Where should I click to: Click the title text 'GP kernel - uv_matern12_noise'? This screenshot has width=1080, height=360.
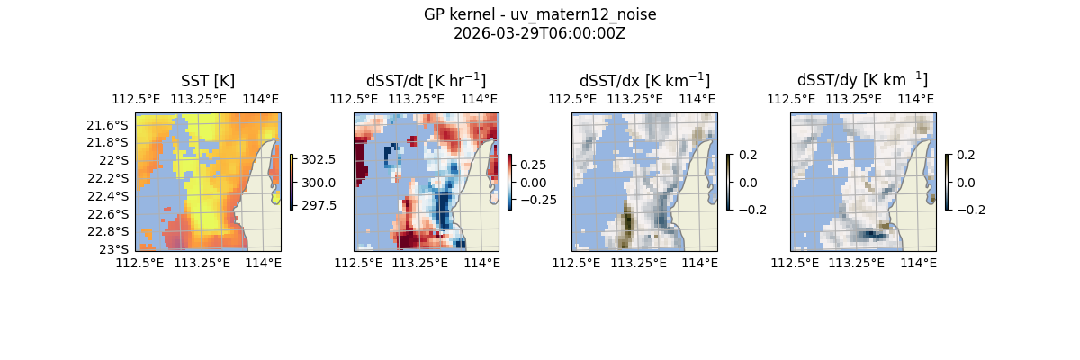[x=540, y=15]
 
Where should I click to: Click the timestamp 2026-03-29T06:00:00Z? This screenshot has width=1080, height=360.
[x=540, y=33]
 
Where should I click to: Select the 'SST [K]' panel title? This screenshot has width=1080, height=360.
[x=208, y=81]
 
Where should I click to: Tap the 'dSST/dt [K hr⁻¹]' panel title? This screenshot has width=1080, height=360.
[x=426, y=81]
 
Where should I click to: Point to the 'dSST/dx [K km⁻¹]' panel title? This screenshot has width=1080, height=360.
[x=644, y=81]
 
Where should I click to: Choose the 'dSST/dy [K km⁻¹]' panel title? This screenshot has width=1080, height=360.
[x=862, y=81]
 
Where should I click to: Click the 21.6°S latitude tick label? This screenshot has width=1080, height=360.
[x=112, y=124]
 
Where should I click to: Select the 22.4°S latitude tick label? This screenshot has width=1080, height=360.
[x=112, y=196]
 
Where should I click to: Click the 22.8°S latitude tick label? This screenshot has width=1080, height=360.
[x=112, y=231]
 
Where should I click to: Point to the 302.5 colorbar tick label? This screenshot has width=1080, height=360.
[x=319, y=159]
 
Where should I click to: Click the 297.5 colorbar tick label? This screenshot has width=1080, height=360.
[x=319, y=205]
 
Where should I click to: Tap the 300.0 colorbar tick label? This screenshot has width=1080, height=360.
[x=319, y=183]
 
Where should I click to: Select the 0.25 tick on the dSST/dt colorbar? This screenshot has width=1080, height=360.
[x=533, y=166]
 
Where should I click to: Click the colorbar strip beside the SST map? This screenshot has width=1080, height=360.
[x=292, y=182]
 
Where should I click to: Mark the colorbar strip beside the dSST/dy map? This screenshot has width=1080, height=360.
[x=948, y=182]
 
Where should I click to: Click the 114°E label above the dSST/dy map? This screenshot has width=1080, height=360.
[x=917, y=99]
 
